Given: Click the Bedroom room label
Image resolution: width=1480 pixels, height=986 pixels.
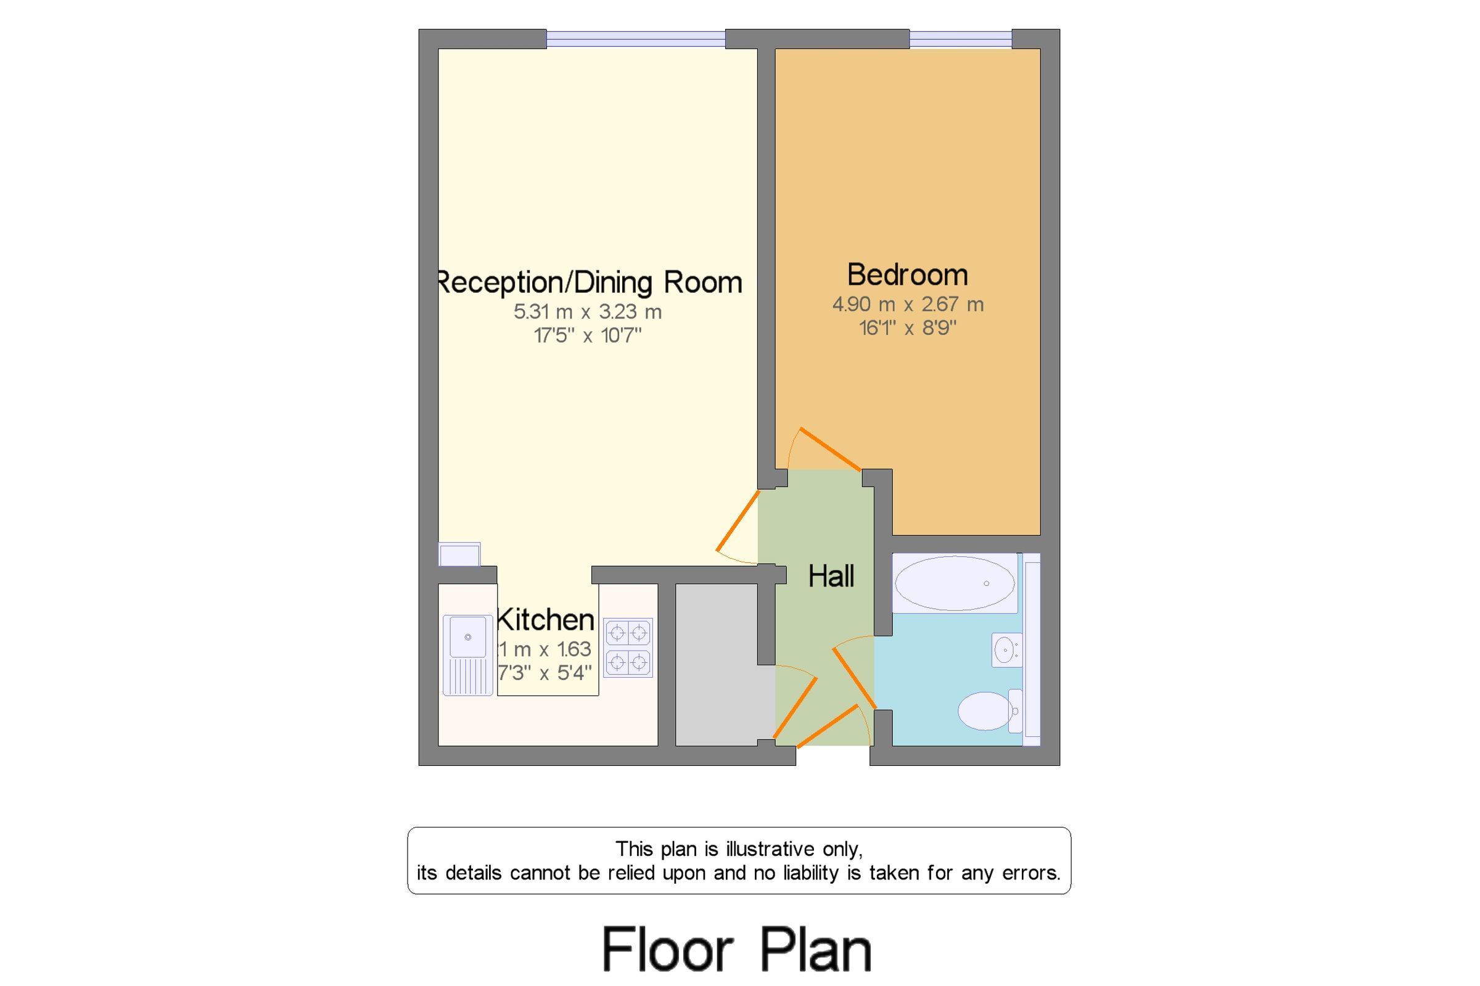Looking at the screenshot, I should click(x=906, y=275).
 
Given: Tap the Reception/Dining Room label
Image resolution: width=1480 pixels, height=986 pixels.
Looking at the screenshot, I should click(x=589, y=282).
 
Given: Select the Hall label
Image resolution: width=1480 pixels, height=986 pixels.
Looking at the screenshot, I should click(x=831, y=576).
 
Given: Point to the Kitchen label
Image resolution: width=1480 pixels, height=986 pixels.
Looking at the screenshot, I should click(x=545, y=620).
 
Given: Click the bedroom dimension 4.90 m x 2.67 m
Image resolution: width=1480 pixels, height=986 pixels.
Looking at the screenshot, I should click(x=907, y=305).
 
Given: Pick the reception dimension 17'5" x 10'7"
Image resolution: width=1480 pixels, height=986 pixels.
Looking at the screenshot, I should click(x=587, y=336).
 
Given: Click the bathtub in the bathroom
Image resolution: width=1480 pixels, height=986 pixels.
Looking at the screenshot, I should click(x=954, y=583).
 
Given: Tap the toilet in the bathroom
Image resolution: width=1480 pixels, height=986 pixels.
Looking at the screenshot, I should click(x=987, y=710).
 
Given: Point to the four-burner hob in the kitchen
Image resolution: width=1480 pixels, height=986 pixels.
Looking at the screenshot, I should click(x=628, y=647).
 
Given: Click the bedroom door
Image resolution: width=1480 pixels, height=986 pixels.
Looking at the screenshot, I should click(x=829, y=449).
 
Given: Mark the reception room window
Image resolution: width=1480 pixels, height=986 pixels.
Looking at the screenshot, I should click(x=635, y=39).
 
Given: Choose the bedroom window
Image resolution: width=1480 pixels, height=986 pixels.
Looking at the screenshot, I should click(x=960, y=39).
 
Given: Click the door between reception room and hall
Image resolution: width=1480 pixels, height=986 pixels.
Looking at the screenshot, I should click(x=738, y=520).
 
